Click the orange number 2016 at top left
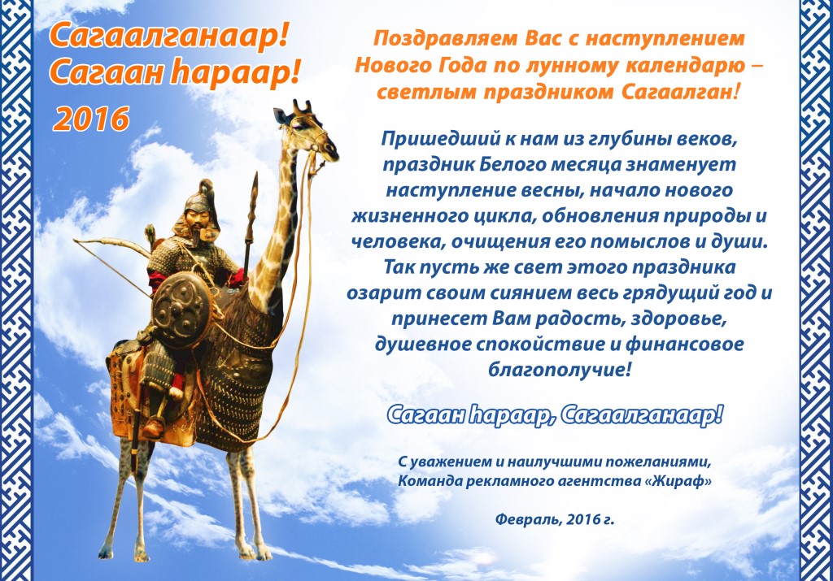pos(92,119)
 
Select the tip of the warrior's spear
pos(254,181)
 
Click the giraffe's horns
pos(303,106)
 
